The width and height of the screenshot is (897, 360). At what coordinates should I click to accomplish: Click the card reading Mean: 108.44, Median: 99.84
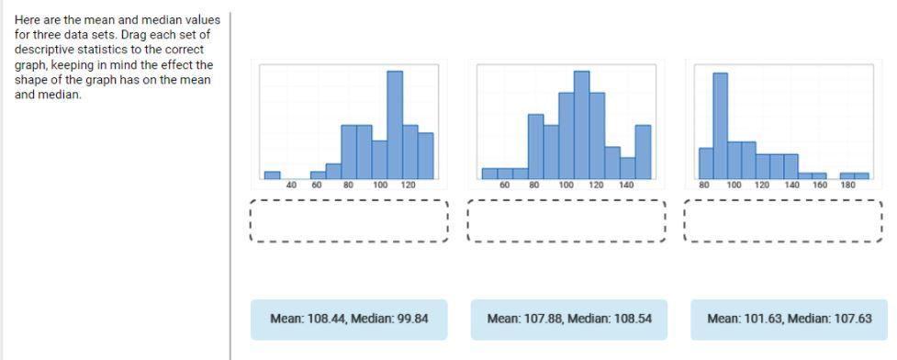click(x=349, y=320)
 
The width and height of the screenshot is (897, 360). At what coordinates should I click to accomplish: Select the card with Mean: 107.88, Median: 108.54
click(x=567, y=320)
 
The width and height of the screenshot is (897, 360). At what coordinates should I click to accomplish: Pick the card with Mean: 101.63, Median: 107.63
click(x=789, y=320)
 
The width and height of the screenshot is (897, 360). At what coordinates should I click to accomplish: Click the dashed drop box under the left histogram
click(x=349, y=221)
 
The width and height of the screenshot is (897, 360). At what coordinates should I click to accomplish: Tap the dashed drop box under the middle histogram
click(x=566, y=221)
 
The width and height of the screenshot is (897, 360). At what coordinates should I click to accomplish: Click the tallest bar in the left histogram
click(x=395, y=125)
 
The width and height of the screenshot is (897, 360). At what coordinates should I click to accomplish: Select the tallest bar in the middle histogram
click(x=581, y=125)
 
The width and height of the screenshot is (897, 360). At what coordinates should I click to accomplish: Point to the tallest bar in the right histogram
click(x=720, y=125)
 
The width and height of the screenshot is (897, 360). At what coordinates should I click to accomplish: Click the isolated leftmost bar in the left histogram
click(x=272, y=174)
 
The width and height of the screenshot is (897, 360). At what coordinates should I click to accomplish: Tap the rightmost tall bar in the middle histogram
click(x=643, y=152)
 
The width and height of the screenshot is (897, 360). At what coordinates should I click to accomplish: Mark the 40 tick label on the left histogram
click(x=292, y=186)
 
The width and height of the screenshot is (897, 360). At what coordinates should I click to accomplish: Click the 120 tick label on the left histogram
click(x=409, y=186)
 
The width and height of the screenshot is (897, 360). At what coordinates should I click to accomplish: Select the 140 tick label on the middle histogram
click(x=626, y=186)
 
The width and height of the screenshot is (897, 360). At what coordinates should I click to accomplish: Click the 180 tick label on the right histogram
click(x=847, y=186)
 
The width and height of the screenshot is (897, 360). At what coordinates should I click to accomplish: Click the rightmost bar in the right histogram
click(x=861, y=175)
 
